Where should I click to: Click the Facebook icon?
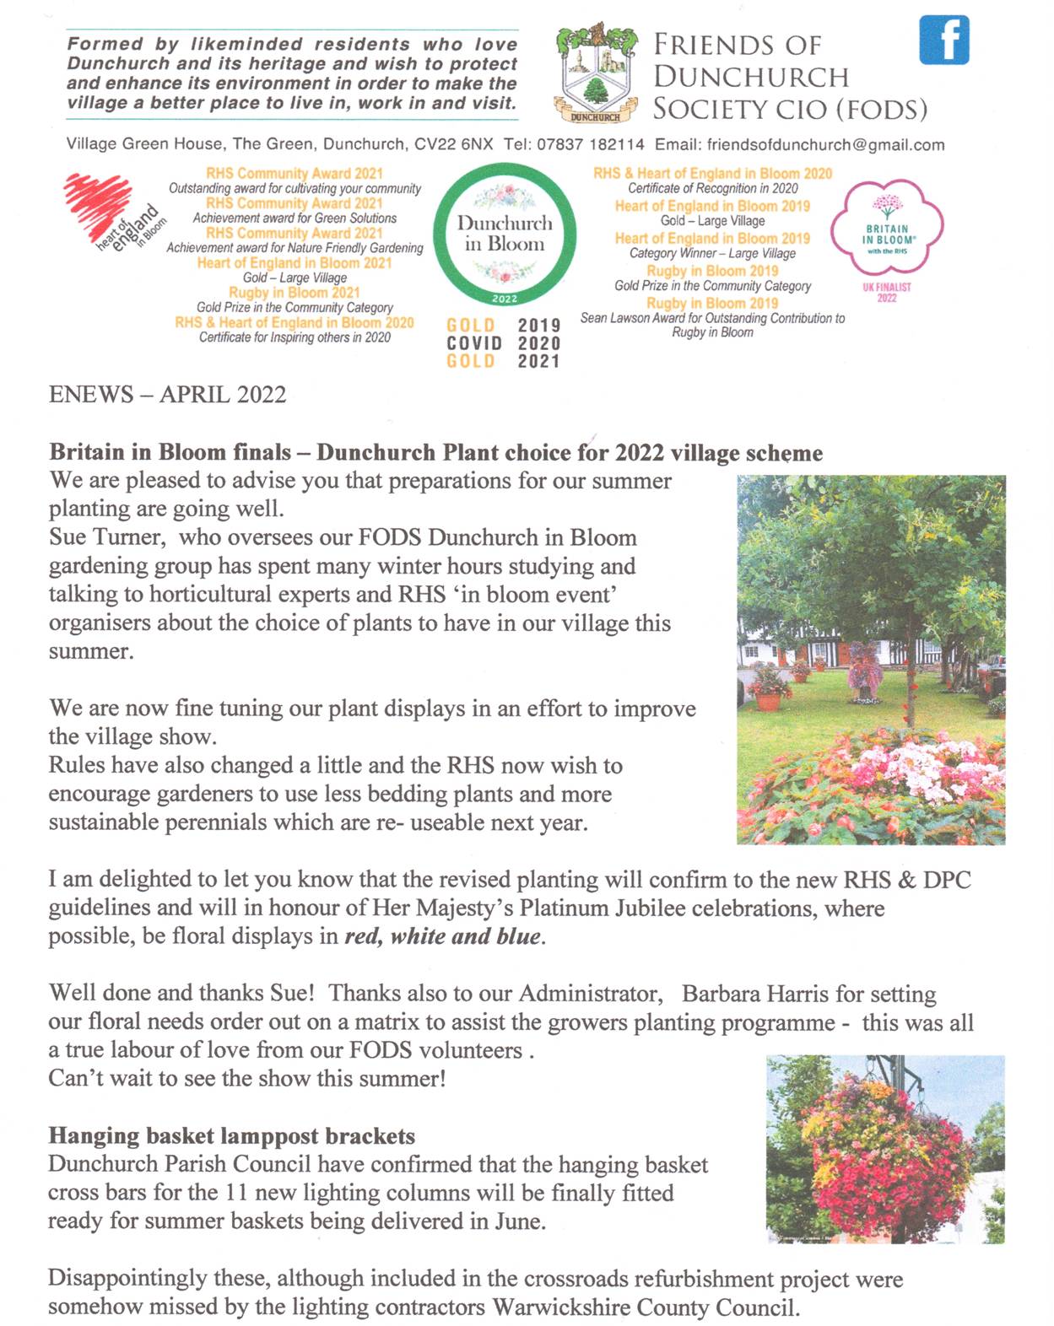click(943, 40)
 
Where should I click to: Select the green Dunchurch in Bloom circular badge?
click(505, 234)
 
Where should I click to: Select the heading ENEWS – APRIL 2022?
click(167, 395)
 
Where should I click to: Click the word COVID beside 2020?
click(474, 343)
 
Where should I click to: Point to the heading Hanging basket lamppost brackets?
click(231, 1136)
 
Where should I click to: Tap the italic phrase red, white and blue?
click(442, 936)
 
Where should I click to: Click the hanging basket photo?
click(885, 1149)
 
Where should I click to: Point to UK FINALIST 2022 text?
click(886, 292)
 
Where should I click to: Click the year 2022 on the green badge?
click(504, 299)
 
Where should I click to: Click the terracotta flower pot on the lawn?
click(770, 699)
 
